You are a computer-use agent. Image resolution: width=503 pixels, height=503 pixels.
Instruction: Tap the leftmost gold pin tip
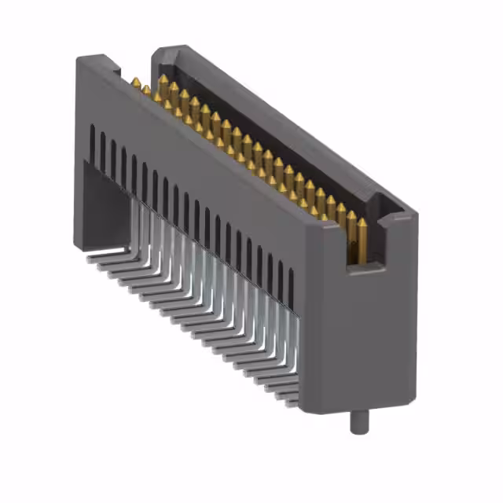[136, 82]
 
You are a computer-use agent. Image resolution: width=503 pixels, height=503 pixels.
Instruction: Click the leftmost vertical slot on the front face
[93, 141]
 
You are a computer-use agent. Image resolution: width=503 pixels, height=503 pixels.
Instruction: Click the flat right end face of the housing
[373, 330]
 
